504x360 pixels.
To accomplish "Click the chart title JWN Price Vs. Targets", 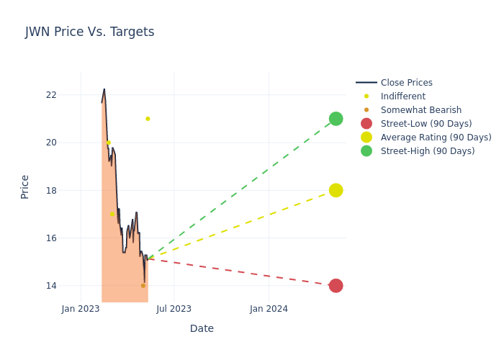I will pyautogui.click(x=89, y=32).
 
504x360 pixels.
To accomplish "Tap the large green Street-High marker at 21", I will pyautogui.click(x=336, y=119).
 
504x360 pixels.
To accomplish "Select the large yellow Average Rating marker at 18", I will pyautogui.click(x=336, y=190).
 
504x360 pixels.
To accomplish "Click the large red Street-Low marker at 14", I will pyautogui.click(x=336, y=286).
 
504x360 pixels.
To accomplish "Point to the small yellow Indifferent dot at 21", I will pyautogui.click(x=148, y=119).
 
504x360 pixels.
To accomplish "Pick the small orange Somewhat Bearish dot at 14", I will pyautogui.click(x=143, y=286).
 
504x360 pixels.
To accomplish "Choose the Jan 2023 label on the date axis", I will pyautogui.click(x=81, y=309).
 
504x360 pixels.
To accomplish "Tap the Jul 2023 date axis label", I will pyautogui.click(x=174, y=309).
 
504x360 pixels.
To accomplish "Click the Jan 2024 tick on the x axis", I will pyautogui.click(x=269, y=309).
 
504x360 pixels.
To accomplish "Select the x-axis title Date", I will pyautogui.click(x=202, y=328).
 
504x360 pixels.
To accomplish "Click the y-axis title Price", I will pyautogui.click(x=25, y=186).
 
